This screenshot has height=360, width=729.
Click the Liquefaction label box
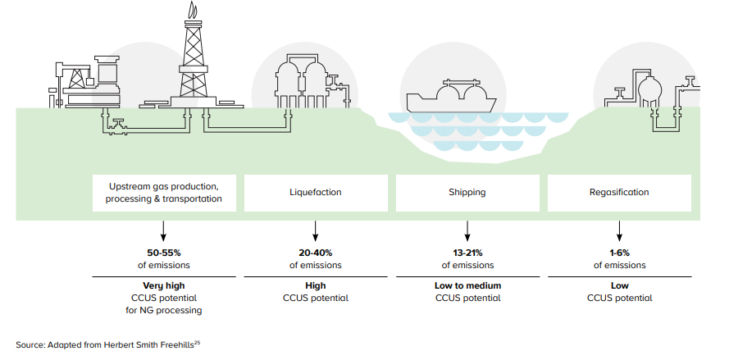(316, 193)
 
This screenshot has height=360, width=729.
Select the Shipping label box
(467, 193)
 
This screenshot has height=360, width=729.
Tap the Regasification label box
(619, 193)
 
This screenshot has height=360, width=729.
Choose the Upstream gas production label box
(164, 193)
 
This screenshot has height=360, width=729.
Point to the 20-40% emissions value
(316, 253)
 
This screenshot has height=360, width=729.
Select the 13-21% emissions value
(467, 253)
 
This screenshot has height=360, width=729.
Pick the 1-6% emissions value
(620, 253)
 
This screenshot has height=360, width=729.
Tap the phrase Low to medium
(467, 285)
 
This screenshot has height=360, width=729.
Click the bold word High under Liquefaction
(316, 285)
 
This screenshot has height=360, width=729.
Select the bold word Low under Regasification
(620, 285)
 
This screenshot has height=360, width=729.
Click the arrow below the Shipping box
(467, 229)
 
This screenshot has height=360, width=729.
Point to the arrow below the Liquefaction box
(316, 229)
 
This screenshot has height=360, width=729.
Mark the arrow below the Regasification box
(620, 229)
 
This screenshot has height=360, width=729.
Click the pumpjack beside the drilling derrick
(78, 78)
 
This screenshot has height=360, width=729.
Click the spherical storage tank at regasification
(650, 87)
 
